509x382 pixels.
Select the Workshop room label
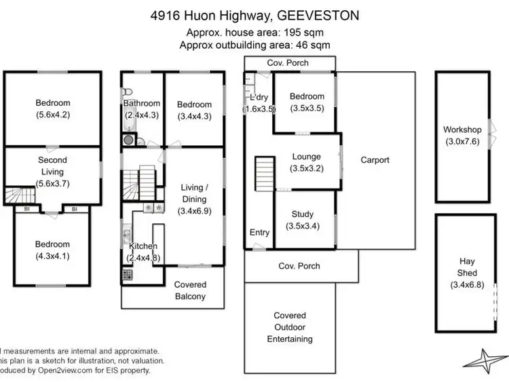click(462, 130)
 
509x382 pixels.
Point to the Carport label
click(375, 160)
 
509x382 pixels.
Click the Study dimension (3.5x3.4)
click(303, 226)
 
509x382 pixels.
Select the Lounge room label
click(306, 157)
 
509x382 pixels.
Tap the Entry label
click(259, 233)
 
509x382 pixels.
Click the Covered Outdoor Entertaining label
click(290, 327)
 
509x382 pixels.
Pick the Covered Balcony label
click(190, 290)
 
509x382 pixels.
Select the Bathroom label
click(142, 104)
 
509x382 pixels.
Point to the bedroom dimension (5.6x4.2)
click(52, 115)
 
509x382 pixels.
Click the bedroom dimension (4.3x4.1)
click(52, 256)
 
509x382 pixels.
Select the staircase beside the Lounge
click(264, 175)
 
